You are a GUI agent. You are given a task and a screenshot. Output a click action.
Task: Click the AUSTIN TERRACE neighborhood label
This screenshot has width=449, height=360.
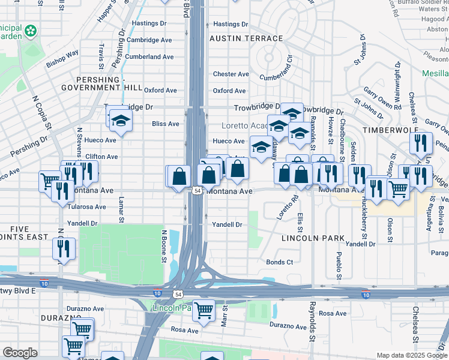pos(246,38)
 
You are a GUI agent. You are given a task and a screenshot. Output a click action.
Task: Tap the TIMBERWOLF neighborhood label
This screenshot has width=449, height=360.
pos(385,129)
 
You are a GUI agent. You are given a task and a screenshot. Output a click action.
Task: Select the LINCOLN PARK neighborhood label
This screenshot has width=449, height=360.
pos(313,238)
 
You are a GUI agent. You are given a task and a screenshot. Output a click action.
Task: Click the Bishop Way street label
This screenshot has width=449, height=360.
pos(62,58)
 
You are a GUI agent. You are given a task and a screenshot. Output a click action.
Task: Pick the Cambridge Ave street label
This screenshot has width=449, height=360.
pos(149,40)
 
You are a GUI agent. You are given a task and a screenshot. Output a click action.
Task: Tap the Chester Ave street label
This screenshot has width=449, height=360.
pos(231,74)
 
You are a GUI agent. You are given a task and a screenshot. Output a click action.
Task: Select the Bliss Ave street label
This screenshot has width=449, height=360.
pos(166,124)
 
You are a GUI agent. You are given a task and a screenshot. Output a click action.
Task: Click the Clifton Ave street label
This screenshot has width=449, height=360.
pos(101,157)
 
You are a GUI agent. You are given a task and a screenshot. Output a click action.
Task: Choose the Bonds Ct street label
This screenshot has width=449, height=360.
pos(280,262)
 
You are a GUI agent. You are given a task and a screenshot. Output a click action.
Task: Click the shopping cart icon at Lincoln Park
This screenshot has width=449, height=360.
pos(204,311)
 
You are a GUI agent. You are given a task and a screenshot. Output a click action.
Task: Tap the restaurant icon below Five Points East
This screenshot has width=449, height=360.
pos(63,247)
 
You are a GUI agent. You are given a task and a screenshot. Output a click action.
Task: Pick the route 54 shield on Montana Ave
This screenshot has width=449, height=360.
pos(197,191)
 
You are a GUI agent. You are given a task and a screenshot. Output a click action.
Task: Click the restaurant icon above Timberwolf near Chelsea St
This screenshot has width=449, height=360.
pos(420,142)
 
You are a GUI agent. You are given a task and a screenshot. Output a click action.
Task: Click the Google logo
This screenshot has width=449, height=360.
pos(20,353)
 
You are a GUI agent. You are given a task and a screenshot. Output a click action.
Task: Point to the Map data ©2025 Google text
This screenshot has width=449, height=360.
pos(412,355)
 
